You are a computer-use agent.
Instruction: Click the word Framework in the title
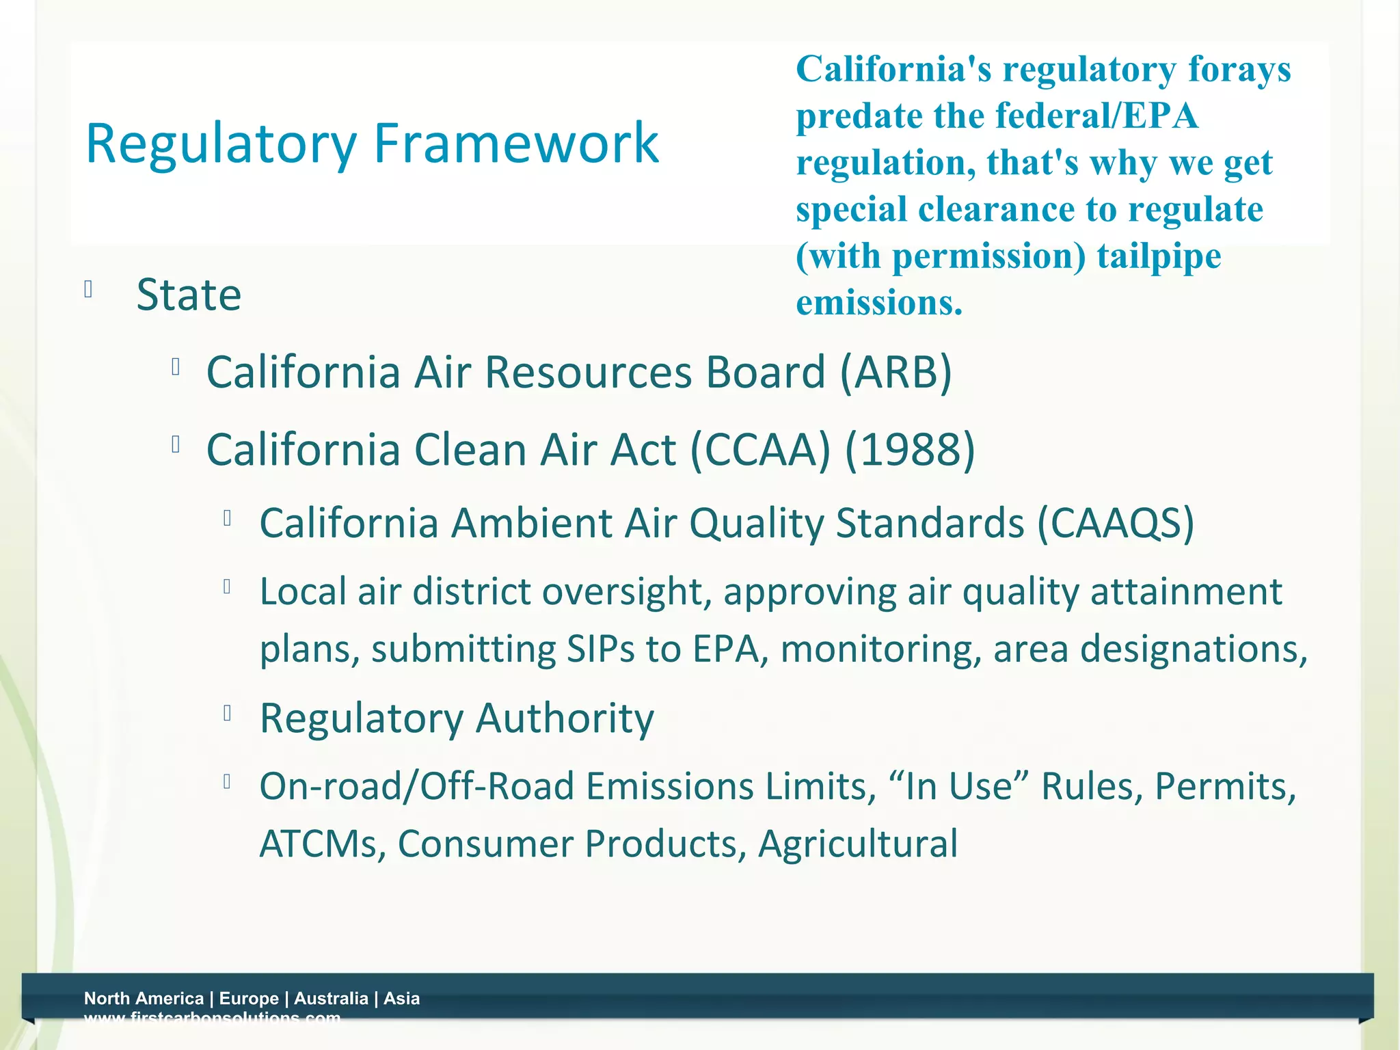click(516, 143)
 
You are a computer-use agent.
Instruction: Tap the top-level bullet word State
click(189, 295)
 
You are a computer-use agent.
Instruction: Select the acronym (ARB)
click(896, 373)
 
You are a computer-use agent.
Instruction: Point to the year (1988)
click(910, 450)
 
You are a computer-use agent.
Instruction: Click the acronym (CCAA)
click(760, 450)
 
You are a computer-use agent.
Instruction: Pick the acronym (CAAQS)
click(1116, 524)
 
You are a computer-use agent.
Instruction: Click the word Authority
click(565, 718)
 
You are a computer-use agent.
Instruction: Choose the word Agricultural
click(858, 844)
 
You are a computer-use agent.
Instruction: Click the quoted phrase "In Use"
click(959, 786)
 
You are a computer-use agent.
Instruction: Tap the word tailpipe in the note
click(1159, 257)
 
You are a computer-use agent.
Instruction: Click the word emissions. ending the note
click(879, 302)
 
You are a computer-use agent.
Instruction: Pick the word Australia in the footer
click(331, 998)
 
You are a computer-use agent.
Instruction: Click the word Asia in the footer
click(402, 998)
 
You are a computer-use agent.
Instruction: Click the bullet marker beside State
click(88, 290)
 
